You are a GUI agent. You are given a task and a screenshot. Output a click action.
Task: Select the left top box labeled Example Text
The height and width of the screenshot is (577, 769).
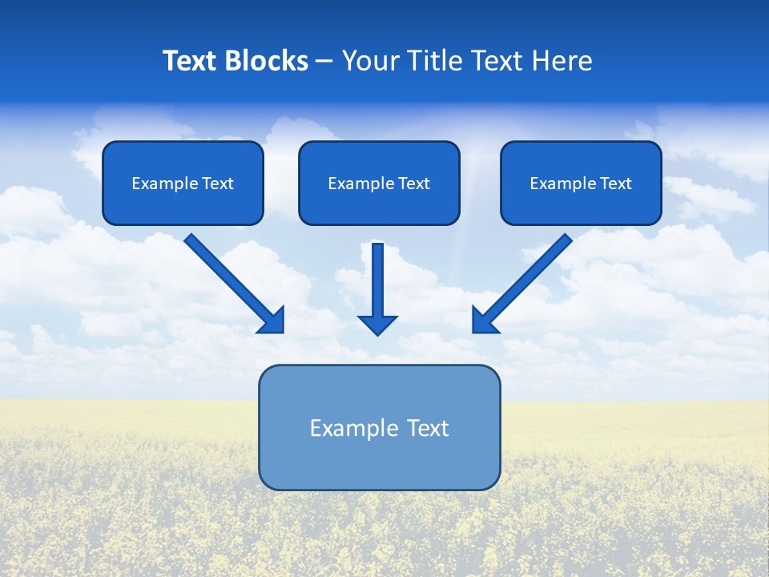(183, 183)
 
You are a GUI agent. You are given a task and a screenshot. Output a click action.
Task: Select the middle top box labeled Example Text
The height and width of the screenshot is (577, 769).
(379, 183)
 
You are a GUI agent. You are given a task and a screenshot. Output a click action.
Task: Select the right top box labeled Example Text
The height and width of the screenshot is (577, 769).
(581, 183)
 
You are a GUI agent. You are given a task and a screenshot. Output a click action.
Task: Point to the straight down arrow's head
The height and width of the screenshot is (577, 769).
(377, 325)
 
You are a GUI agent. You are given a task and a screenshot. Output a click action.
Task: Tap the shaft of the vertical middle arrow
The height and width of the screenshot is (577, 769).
(377, 276)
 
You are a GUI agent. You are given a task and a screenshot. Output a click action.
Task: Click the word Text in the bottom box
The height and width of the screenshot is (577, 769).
(428, 428)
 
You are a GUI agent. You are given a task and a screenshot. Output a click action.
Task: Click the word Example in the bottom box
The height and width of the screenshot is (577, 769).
(352, 428)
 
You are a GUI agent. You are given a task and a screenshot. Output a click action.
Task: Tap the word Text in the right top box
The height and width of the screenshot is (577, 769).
(616, 184)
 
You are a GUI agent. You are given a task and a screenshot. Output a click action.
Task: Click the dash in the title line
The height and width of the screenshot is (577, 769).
(324, 62)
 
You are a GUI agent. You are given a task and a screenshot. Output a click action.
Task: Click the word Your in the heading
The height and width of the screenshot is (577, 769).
(369, 61)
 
